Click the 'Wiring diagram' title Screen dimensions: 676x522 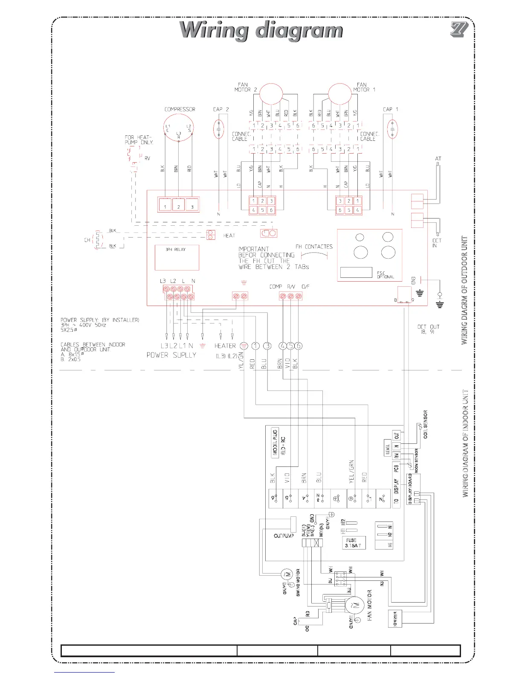[x=261, y=31]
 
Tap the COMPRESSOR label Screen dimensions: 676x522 [x=180, y=110]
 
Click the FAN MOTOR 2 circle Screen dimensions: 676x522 [x=271, y=93]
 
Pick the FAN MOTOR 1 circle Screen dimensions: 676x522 [x=340, y=93]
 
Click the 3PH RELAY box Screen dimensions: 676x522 [x=177, y=257]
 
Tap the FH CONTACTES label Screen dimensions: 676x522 [x=314, y=247]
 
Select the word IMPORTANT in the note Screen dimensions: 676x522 [x=253, y=249]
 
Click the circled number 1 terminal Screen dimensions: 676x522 [x=255, y=346]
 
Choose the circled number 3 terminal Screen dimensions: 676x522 [x=267, y=346]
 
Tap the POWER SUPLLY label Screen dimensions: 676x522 [x=171, y=355]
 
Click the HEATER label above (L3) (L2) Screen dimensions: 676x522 [x=225, y=346]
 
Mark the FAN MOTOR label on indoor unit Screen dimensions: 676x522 [x=370, y=606]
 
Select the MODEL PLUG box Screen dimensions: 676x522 [x=275, y=442]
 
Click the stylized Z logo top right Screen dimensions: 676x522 [x=459, y=29]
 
